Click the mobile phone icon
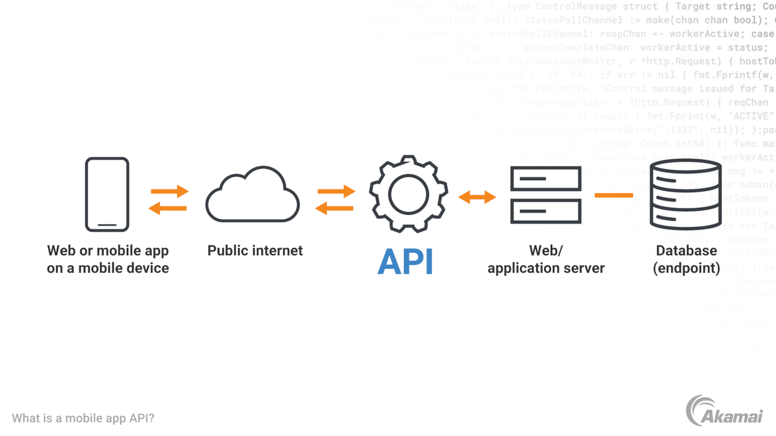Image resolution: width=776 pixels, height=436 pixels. pyautogui.click(x=107, y=194)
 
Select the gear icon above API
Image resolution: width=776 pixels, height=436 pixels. pyautogui.click(x=408, y=194)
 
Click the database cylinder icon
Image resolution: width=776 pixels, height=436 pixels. pyautogui.click(x=685, y=194)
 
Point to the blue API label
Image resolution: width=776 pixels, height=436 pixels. pyautogui.click(x=405, y=262)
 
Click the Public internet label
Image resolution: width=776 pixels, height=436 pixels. pyautogui.click(x=255, y=250)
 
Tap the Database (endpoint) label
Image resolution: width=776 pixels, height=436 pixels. pyautogui.click(x=686, y=259)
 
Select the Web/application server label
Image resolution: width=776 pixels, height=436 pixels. pyautogui.click(x=546, y=259)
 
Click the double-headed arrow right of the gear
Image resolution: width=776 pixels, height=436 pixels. pyautogui.click(x=477, y=197)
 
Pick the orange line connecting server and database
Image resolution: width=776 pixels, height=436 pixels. pyautogui.click(x=614, y=195)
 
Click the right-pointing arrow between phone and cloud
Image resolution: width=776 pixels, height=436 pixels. pyautogui.click(x=169, y=191)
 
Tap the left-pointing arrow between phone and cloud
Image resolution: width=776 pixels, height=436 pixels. pyautogui.click(x=168, y=208)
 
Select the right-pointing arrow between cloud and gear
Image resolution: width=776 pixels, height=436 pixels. pyautogui.click(x=336, y=191)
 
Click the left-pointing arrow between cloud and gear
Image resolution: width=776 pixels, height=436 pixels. pyautogui.click(x=334, y=208)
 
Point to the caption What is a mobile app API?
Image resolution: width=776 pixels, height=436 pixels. pyautogui.click(x=83, y=418)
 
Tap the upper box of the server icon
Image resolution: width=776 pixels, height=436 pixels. pyautogui.click(x=546, y=178)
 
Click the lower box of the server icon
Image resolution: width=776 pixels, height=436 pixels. pyautogui.click(x=546, y=212)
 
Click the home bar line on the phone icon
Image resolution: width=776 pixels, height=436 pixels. pyautogui.click(x=107, y=225)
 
